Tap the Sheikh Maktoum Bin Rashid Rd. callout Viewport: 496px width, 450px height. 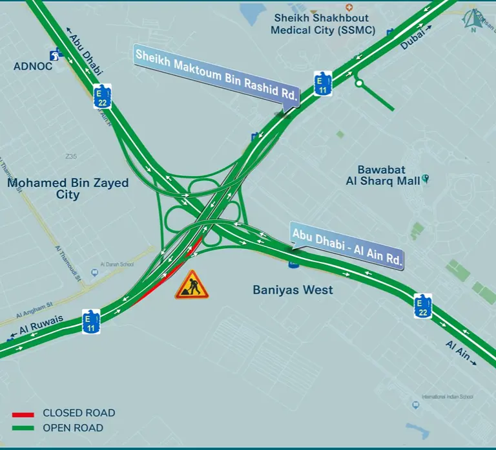click(x=216, y=75)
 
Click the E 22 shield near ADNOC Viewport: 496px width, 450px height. click(x=102, y=96)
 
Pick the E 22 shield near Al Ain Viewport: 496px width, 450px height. click(x=422, y=306)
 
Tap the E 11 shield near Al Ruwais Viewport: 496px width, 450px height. click(x=91, y=321)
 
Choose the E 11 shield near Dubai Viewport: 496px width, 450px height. click(x=322, y=84)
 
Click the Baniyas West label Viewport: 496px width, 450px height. click(x=293, y=290)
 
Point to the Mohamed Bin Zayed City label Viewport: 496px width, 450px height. click(x=68, y=189)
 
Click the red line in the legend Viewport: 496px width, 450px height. click(x=23, y=413)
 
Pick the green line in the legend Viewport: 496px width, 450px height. click(x=23, y=428)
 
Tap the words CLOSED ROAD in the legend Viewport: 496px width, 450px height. click(x=79, y=413)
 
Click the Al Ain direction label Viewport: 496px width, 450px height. click(x=459, y=353)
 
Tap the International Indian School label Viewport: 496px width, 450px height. click(x=447, y=396)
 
